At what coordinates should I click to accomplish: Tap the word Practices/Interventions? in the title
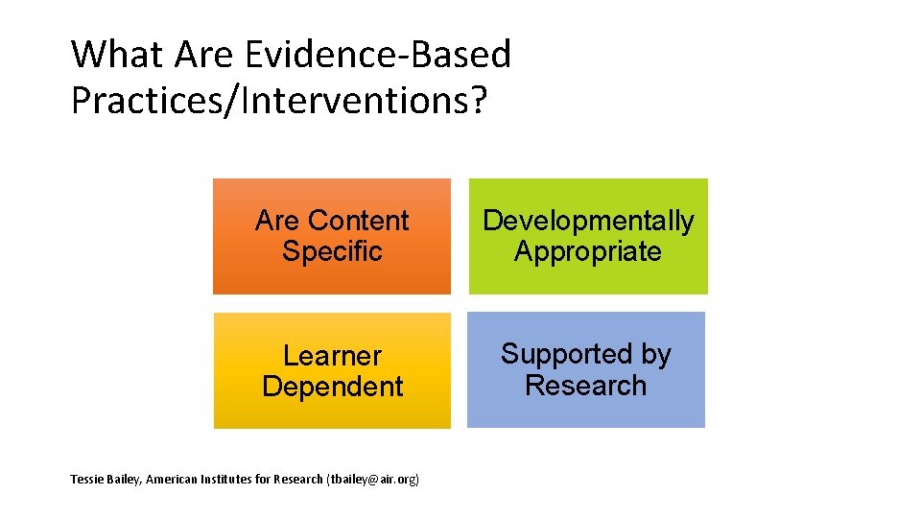[x=279, y=99]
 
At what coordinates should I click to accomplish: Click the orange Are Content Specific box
[x=332, y=236]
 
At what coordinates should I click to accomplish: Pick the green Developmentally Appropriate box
[x=587, y=236]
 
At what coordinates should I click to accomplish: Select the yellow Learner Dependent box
[x=332, y=370]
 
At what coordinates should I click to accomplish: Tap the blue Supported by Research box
[x=585, y=370]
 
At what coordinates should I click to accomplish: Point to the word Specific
[x=332, y=252]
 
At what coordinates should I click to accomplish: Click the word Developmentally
[x=587, y=221]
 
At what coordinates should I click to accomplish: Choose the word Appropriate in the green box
[x=587, y=252]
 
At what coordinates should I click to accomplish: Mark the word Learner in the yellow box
[x=332, y=356]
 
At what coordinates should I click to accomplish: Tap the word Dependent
[x=332, y=387]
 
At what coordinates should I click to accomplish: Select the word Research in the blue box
[x=585, y=386]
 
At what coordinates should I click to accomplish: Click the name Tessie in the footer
[x=87, y=479]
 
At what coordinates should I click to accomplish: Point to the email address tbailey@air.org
[x=374, y=479]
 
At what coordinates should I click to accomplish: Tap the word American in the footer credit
[x=177, y=479]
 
